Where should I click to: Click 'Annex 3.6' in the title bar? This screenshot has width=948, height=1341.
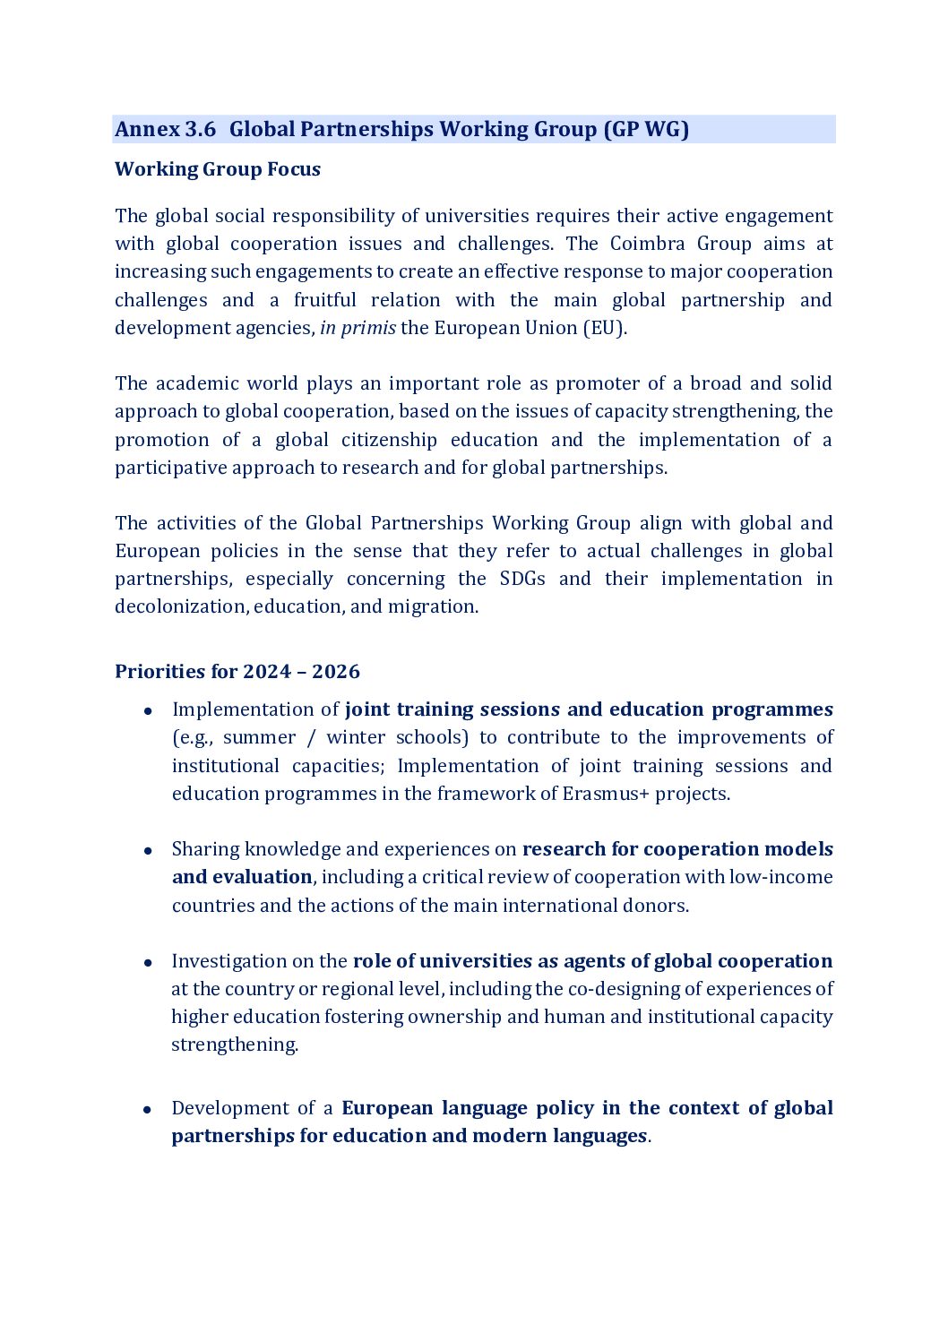pos(165,129)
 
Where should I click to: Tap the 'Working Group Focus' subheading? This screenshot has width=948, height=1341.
pos(218,169)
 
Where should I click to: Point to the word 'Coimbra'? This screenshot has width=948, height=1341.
pos(647,244)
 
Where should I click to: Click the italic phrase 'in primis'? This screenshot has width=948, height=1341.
pos(358,328)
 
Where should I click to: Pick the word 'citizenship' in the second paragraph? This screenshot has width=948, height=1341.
pos(389,440)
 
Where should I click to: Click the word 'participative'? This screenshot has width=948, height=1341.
pos(170,468)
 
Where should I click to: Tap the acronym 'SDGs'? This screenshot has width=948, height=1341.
pos(522,579)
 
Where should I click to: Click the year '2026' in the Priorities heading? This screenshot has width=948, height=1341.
pos(336,672)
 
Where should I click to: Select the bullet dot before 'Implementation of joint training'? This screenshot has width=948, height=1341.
pos(148,711)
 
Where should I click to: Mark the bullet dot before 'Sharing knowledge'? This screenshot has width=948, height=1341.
pos(148,851)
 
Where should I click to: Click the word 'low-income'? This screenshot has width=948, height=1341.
pos(780,877)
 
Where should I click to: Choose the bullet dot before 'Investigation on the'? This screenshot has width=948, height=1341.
pos(148,963)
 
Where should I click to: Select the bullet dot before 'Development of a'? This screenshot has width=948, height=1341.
pos(148,1110)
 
